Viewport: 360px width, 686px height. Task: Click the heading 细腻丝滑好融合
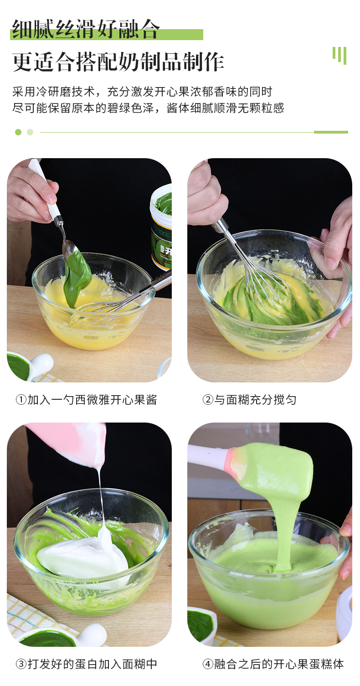[86, 30]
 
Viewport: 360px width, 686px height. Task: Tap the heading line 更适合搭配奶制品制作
[118, 62]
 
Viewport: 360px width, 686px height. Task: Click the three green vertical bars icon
[339, 55]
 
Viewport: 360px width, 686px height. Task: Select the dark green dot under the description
[18, 132]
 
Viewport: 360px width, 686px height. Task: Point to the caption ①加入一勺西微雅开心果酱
[86, 400]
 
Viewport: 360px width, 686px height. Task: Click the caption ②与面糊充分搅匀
[249, 400]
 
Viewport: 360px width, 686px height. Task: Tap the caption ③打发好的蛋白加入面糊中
[86, 664]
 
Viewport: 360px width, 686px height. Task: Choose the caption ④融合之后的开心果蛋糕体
[273, 664]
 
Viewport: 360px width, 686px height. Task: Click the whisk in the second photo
[255, 264]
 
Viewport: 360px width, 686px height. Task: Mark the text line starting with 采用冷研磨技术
[142, 92]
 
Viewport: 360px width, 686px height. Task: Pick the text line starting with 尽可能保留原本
[148, 108]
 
